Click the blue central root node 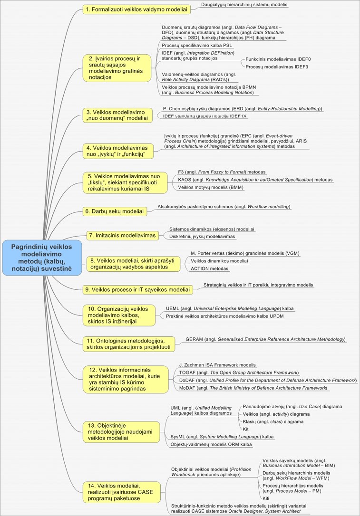(x=41, y=258)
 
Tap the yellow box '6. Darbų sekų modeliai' (x=114, y=211)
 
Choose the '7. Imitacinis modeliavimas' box (x=123, y=235)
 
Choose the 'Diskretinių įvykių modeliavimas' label (x=202, y=236)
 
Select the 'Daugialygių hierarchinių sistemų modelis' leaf (x=244, y=5)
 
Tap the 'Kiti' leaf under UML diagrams (x=246, y=429)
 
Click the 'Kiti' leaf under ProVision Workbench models (x=266, y=498)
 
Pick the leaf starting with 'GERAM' (x=265, y=340)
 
